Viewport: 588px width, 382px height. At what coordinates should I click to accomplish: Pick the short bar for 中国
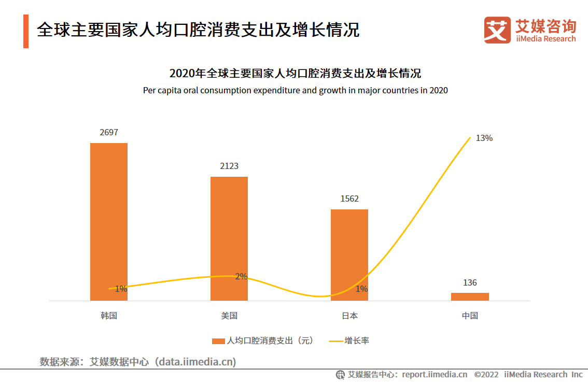pyautogui.click(x=470, y=296)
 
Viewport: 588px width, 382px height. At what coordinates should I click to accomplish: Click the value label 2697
pyautogui.click(x=109, y=133)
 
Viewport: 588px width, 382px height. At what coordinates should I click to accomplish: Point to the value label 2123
pyautogui.click(x=229, y=166)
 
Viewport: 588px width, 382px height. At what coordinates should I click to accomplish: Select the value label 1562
pyautogui.click(x=349, y=199)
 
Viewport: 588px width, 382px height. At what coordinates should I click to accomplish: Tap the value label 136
pyautogui.click(x=470, y=283)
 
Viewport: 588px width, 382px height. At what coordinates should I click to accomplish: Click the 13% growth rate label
pyautogui.click(x=484, y=138)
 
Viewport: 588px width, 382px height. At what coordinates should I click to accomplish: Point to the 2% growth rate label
pyautogui.click(x=241, y=277)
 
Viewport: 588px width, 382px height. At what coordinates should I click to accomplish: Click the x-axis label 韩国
pyautogui.click(x=109, y=316)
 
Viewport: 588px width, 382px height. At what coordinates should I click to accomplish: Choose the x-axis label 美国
pyautogui.click(x=229, y=316)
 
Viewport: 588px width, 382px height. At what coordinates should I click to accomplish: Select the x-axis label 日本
pyautogui.click(x=349, y=316)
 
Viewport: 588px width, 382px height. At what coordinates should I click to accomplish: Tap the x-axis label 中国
pyautogui.click(x=470, y=316)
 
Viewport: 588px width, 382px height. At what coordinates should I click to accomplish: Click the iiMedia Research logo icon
pyautogui.click(x=497, y=30)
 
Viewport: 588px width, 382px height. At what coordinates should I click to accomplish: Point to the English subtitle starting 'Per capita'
pyautogui.click(x=295, y=90)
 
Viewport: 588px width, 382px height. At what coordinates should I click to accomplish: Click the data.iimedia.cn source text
pyautogui.click(x=198, y=361)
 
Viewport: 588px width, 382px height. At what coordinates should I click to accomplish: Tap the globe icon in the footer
pyautogui.click(x=341, y=375)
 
